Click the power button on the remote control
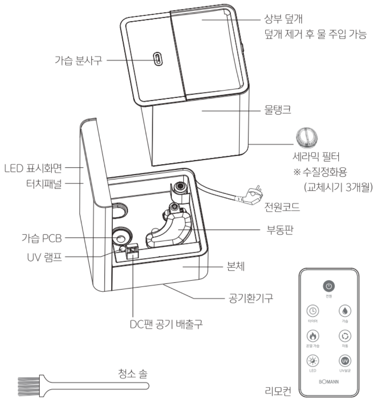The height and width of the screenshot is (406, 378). click(x=328, y=286)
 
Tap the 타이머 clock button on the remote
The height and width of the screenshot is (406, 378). click(x=312, y=311)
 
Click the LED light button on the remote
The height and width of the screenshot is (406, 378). click(x=312, y=361)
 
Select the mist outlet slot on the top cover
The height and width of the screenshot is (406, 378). click(x=157, y=59)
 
